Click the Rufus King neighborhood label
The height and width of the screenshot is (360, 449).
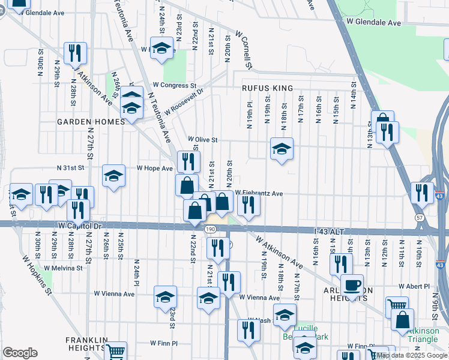pyautogui.click(x=267, y=88)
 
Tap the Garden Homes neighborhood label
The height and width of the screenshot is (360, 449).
pyautogui.click(x=90, y=121)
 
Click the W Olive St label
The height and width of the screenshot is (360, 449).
pyautogui.click(x=202, y=139)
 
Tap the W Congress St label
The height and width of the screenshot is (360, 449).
pyautogui.click(x=174, y=86)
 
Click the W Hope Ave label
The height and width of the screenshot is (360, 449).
pyautogui.click(x=155, y=169)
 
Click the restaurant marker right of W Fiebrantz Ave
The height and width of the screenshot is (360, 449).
pyautogui.click(x=248, y=205)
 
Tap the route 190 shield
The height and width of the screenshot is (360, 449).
pyautogui.click(x=209, y=229)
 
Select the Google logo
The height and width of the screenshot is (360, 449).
pyautogui.click(x=20, y=353)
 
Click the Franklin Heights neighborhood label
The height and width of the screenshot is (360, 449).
pyautogui.click(x=86, y=343)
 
